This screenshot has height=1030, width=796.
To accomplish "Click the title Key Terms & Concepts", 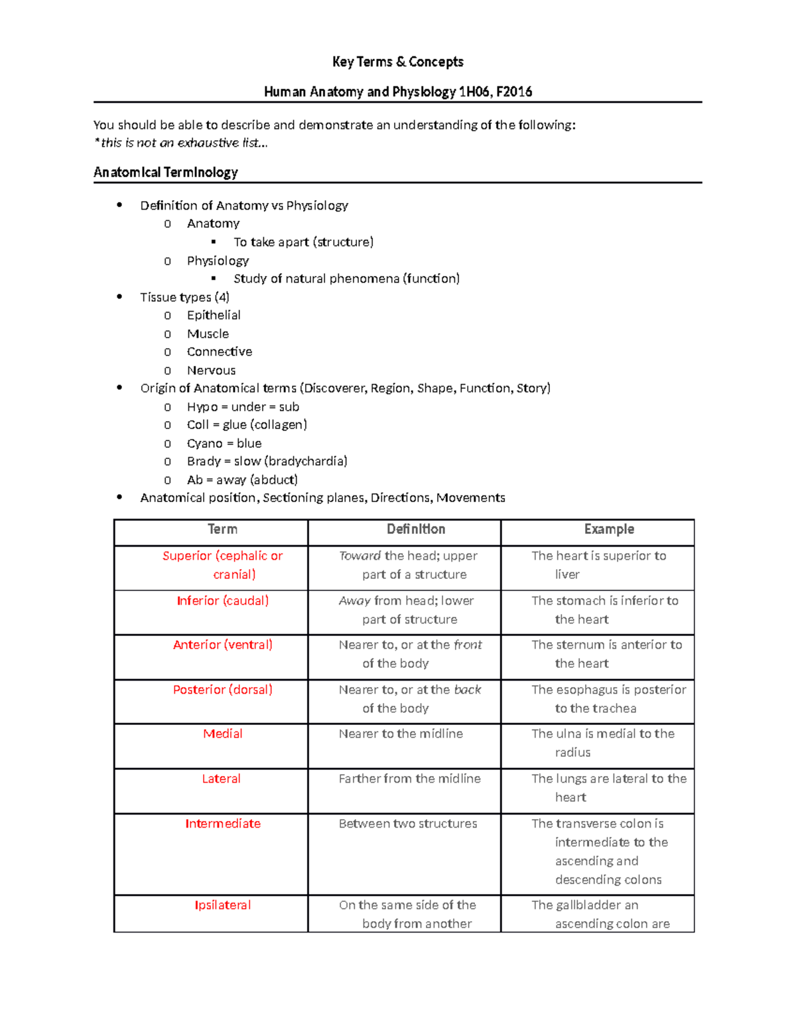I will (397, 62).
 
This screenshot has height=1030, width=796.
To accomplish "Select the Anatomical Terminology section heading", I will (166, 172).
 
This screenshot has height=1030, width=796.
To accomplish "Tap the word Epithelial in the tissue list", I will (214, 315).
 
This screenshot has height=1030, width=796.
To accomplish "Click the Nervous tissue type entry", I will (211, 370).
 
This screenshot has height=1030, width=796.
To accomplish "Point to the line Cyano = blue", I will (224, 443).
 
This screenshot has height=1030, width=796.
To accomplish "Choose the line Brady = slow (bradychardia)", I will (267, 461).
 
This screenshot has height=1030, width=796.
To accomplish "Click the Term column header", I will (222, 529).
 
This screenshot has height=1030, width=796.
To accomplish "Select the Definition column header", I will (416, 529).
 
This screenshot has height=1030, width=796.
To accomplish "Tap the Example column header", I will (609, 529).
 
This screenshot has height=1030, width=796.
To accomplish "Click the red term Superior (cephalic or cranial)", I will (223, 564).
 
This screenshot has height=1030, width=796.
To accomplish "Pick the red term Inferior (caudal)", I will (223, 601).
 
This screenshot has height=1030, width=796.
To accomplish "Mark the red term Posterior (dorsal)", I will (223, 690).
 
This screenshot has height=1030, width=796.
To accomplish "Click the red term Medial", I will (223, 734).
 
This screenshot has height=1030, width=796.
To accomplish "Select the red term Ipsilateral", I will (223, 905).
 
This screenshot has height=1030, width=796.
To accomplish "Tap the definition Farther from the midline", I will (409, 779).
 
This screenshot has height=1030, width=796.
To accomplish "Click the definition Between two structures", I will (408, 824).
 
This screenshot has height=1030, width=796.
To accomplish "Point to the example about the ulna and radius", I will (602, 742).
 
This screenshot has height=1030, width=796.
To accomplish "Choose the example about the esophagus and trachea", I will (608, 698).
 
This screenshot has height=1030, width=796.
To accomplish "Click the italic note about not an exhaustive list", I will (181, 143).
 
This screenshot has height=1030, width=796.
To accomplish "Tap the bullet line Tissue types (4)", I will (184, 297).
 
